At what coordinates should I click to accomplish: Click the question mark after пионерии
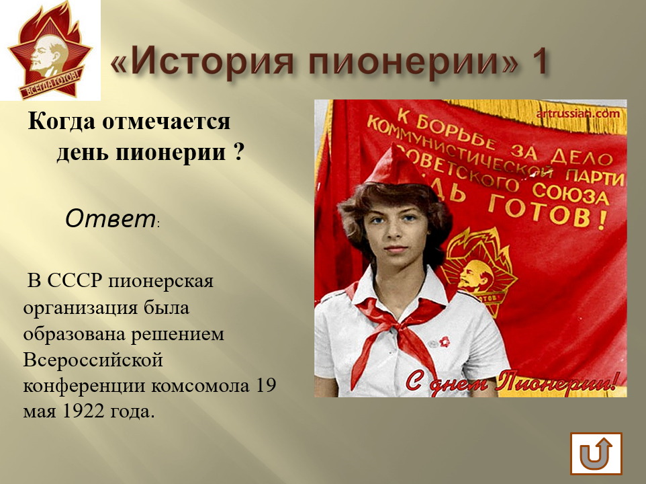[238, 152]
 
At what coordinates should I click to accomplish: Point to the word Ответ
[110, 219]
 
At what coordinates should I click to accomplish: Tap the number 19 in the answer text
[266, 385]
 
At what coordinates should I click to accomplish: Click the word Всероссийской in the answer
[93, 360]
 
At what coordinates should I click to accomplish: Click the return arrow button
[596, 454]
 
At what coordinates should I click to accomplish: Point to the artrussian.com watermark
[578, 114]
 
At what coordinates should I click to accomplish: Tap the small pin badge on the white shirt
[445, 341]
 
